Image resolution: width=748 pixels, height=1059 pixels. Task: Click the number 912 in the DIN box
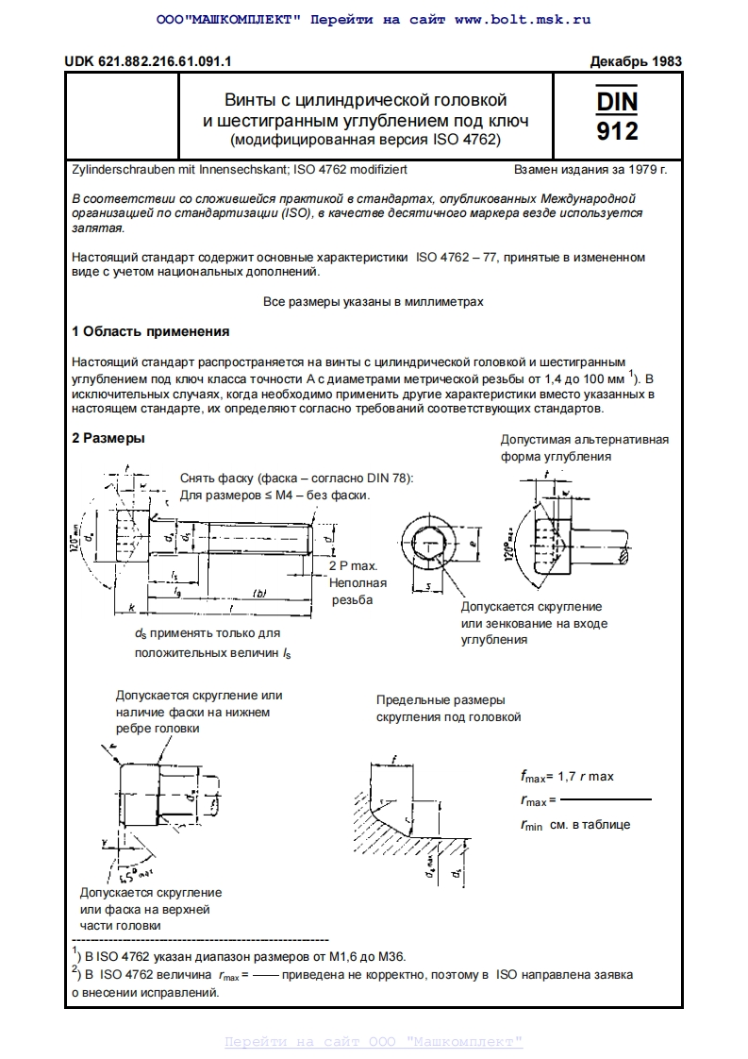click(617, 130)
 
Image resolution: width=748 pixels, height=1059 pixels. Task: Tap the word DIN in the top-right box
click(617, 100)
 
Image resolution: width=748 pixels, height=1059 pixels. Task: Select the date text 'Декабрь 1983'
click(635, 61)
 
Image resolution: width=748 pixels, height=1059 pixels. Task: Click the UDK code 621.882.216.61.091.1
click(148, 61)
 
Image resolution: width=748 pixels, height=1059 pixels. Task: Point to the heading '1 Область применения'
click(150, 331)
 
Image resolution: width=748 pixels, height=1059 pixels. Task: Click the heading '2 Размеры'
click(108, 438)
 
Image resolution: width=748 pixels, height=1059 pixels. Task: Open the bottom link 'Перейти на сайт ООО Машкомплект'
click(374, 1042)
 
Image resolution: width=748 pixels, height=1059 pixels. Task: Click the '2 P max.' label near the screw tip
click(353, 565)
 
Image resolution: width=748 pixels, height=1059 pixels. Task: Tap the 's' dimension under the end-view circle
click(427, 588)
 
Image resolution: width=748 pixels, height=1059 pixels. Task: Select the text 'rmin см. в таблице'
click(574, 824)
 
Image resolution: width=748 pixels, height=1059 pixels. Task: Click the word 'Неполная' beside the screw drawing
click(353, 582)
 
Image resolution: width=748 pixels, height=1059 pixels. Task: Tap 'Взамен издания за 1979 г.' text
click(590, 172)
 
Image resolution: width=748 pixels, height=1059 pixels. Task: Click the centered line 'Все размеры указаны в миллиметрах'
click(373, 302)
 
